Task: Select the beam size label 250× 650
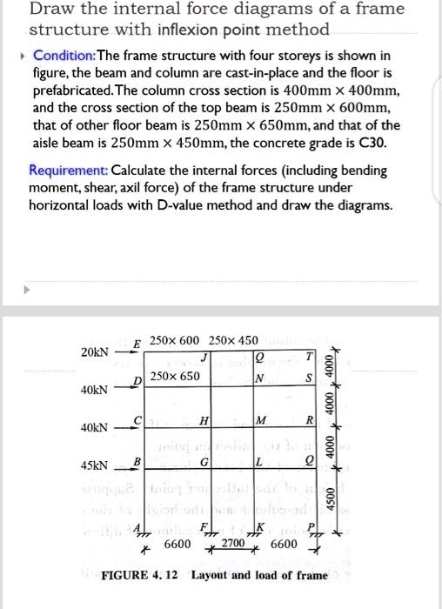[175, 376]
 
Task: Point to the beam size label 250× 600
[174, 339]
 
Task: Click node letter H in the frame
[203, 421]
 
